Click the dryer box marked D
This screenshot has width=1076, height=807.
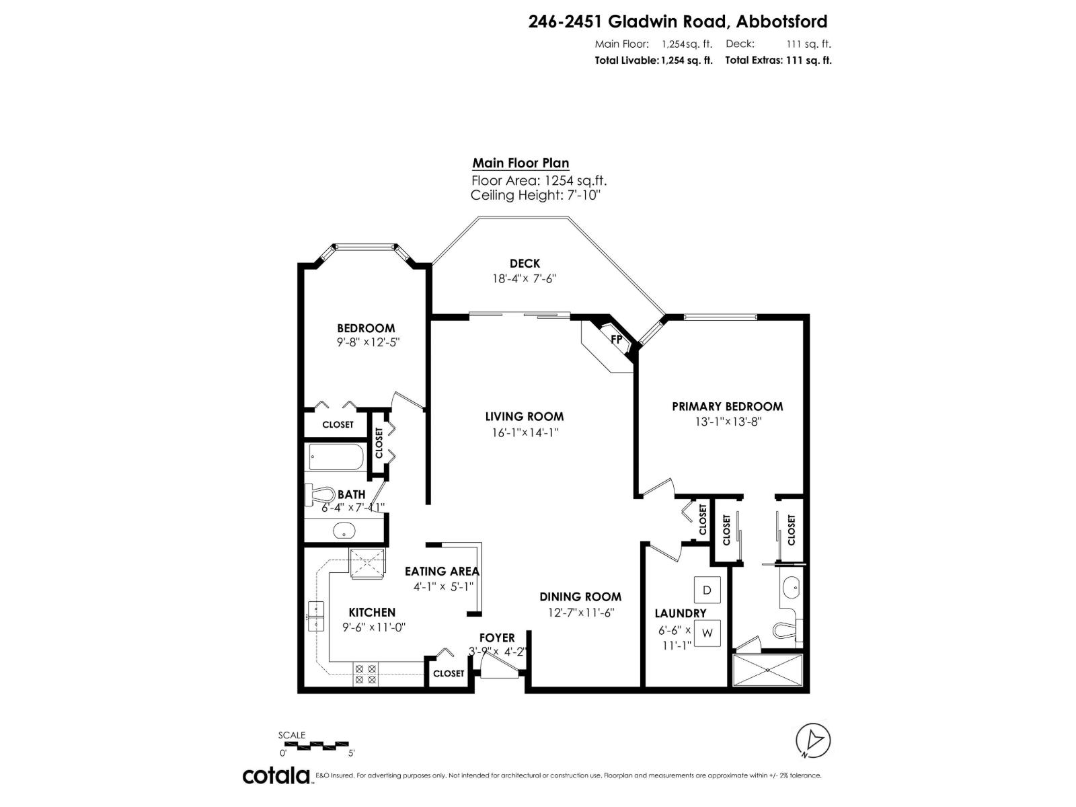[x=707, y=590]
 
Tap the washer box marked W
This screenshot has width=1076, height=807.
[x=707, y=633]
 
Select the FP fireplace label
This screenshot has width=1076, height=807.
[x=616, y=339]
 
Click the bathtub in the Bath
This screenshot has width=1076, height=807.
[x=336, y=458]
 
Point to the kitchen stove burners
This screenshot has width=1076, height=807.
[x=366, y=674]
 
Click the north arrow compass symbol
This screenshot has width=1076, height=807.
[x=813, y=740]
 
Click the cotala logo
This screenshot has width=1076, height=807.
[x=276, y=775]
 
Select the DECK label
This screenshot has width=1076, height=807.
[x=525, y=264]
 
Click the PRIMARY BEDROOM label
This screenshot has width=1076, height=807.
[x=727, y=406]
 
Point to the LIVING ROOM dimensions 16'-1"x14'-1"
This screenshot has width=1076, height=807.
[x=525, y=432]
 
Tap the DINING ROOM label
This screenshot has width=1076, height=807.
[x=580, y=597]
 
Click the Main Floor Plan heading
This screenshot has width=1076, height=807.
[x=521, y=163]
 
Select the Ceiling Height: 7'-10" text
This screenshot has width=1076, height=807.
[x=535, y=195]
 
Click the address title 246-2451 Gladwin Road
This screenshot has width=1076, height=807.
[x=678, y=22]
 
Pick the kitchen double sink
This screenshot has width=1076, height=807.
[x=315, y=616]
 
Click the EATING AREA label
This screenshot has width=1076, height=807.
[x=442, y=571]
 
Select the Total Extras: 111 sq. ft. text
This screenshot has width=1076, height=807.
[x=778, y=60]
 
